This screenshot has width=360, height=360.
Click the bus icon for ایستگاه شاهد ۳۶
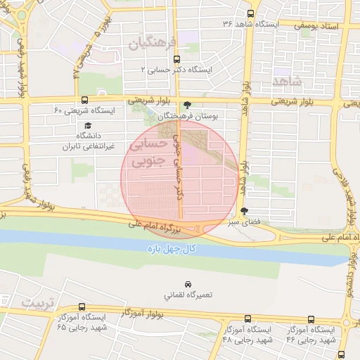point(250,13)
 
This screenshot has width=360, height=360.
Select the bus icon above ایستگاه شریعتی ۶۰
point(84,100)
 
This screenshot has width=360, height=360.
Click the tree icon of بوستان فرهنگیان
point(186,105)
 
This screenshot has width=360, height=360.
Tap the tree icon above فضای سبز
point(244,210)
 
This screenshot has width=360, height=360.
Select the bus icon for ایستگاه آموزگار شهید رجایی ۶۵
point(82,307)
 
